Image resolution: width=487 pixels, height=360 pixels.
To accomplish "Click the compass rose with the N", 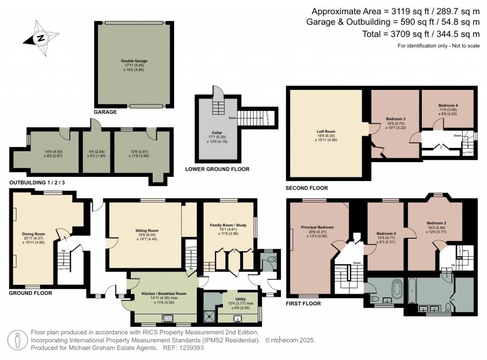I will click(42, 37).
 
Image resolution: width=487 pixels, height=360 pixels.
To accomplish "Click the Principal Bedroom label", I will click(318, 227).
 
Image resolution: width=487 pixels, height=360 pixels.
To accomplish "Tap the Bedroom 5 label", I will click(386, 234).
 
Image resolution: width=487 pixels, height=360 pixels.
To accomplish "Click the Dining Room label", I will click(33, 234).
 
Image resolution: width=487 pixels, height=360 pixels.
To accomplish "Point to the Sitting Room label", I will click(146, 230).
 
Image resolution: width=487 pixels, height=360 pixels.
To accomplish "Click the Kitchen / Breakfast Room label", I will click(164, 294).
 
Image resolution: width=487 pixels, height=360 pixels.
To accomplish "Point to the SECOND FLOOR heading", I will click(307, 188).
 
